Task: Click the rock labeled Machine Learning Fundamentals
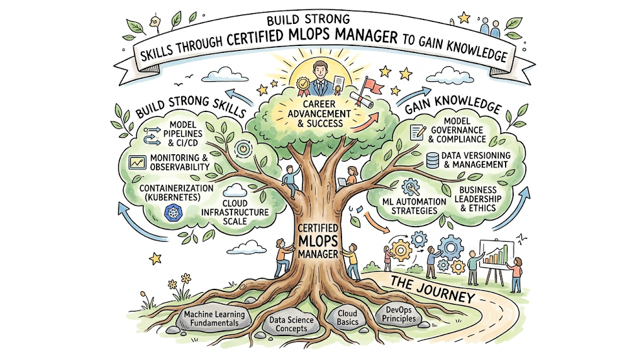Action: tap(214, 318)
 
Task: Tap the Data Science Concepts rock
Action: tap(291, 324)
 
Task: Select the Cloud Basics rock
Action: tap(347, 318)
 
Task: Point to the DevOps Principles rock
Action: tap(399, 315)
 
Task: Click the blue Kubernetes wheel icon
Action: tap(172, 213)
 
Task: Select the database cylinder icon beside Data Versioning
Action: tap(432, 160)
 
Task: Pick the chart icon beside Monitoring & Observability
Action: tap(136, 162)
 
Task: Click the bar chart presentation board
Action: tap(496, 255)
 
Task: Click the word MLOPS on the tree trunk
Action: tap(318, 241)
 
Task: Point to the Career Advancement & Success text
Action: tap(319, 113)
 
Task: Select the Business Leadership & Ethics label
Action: tap(478, 199)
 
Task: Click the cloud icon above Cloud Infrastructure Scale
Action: tap(235, 191)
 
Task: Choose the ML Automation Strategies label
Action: tap(414, 206)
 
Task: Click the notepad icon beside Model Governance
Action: tap(418, 133)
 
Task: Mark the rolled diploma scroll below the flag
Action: tap(362, 100)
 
